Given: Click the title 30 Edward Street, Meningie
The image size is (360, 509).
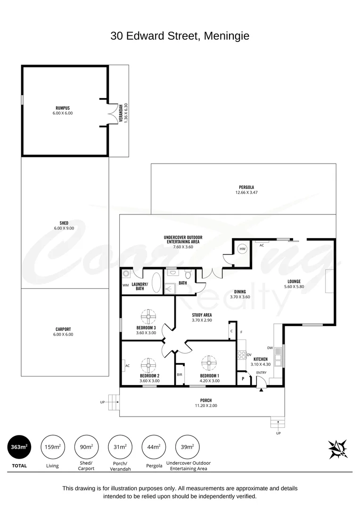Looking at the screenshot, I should (x=180, y=36).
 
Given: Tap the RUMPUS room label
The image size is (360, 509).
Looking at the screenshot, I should (x=63, y=108).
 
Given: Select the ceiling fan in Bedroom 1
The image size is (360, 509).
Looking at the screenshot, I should (x=209, y=363).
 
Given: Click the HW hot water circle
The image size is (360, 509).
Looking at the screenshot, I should (x=243, y=249).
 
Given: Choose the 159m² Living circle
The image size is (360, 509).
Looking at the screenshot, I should (x=53, y=447).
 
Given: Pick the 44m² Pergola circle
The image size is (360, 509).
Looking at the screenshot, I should (x=153, y=447).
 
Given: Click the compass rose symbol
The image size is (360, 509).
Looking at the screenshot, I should (x=338, y=449).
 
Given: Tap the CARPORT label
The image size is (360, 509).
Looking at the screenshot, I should (x=64, y=329).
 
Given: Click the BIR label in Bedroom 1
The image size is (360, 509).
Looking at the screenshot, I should (x=180, y=375).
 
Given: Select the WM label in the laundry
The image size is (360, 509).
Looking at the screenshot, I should (x=125, y=285).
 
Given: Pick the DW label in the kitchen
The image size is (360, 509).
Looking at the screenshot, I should (x=270, y=348).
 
